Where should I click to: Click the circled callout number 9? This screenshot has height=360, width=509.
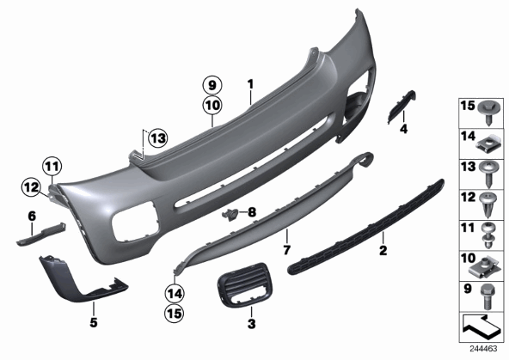tap(212, 86)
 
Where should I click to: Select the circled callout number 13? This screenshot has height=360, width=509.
tap(157, 138)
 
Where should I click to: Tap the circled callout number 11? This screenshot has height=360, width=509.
tap(52, 167)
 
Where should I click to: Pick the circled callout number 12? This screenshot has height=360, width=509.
tap(32, 187)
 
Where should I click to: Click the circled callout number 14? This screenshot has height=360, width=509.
tap(175, 294)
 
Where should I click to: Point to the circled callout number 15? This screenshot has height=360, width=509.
tap(175, 314)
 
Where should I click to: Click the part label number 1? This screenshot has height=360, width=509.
tap(250, 84)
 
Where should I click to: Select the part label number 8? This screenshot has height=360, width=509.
tap(252, 212)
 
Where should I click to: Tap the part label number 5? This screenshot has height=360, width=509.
tap(94, 322)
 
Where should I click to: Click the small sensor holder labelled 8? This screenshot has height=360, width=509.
tap(230, 215)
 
